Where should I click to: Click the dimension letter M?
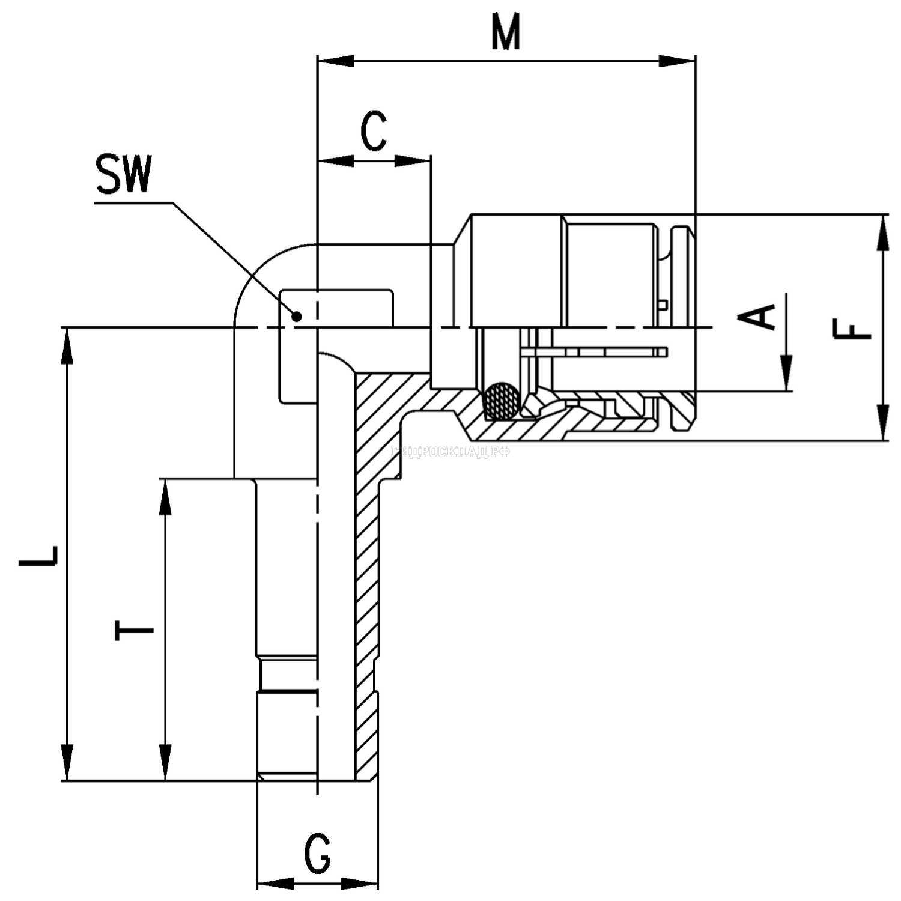[506, 33]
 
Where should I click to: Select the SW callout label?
[123, 175]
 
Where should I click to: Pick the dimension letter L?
[38, 556]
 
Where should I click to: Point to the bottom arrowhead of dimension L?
[67, 762]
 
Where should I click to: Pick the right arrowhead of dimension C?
[414, 160]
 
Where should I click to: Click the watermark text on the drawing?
[450, 452]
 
